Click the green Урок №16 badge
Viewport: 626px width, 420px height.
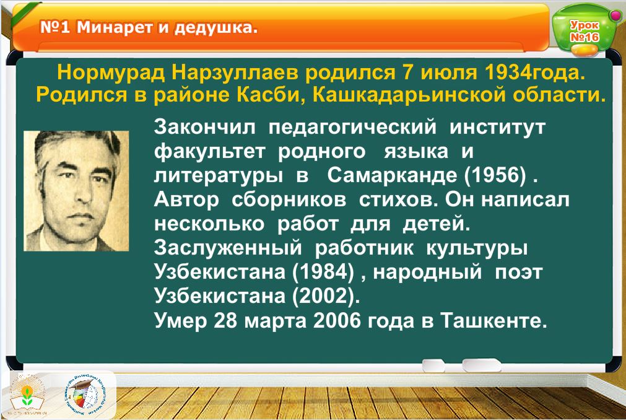(x=583, y=31)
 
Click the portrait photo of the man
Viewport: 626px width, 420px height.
(x=76, y=190)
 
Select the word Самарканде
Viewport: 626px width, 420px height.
(x=392, y=175)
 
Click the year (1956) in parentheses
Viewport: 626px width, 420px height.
(x=495, y=175)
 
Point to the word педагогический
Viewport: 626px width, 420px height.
(x=352, y=128)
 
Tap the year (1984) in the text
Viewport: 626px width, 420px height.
(x=323, y=272)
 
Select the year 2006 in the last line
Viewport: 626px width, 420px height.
(x=337, y=320)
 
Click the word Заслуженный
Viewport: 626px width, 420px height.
(x=228, y=248)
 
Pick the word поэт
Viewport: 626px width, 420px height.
(x=519, y=273)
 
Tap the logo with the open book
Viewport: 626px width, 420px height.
(x=27, y=395)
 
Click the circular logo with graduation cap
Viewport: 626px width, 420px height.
(x=85, y=395)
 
